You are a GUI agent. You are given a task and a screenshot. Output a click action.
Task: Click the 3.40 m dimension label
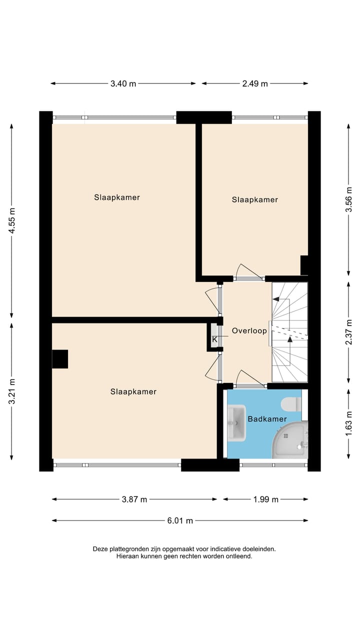click(123, 83)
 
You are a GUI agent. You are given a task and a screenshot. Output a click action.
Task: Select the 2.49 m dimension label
click(255, 83)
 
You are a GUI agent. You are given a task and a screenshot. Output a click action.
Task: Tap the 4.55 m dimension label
click(12, 217)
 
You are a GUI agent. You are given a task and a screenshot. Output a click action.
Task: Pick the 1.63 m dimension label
click(349, 424)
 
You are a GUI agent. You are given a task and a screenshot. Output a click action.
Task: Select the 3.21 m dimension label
click(12, 390)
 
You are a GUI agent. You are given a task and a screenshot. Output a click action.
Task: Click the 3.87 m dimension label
click(134, 499)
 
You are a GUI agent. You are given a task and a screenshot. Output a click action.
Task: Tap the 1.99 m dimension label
click(265, 499)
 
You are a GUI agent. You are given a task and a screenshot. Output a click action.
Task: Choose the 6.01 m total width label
click(180, 520)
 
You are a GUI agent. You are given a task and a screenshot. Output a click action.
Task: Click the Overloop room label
click(249, 330)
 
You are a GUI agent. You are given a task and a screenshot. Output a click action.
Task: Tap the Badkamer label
click(267, 419)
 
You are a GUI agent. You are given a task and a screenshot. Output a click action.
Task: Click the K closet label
click(214, 340)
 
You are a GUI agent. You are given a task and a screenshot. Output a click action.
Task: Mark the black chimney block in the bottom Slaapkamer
click(60, 359)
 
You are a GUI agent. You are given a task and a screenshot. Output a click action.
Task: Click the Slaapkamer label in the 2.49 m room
click(254, 199)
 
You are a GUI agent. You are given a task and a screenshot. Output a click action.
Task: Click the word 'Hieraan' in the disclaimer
click(128, 556)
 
